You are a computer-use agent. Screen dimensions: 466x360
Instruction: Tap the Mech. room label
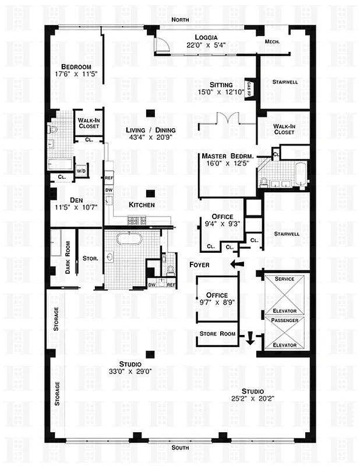click(273, 41)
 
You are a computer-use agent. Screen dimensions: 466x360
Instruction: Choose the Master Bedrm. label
click(227, 160)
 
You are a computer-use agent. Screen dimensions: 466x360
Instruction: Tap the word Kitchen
click(142, 205)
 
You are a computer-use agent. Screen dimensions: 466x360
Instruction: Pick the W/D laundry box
click(81, 171)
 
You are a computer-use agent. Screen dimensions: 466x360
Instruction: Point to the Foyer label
click(199, 265)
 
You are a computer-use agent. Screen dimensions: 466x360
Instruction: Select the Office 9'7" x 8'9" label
click(219, 299)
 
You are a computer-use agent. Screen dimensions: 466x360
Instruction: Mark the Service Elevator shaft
click(284, 294)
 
